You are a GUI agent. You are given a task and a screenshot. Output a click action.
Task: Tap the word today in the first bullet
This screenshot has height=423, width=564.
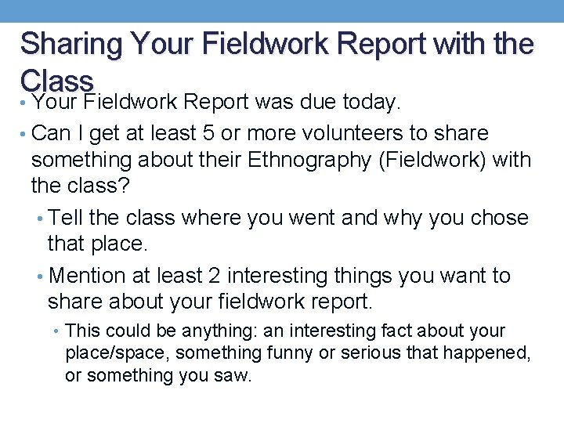click(371, 103)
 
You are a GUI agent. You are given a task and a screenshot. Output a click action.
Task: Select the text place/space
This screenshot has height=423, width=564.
click(117, 353)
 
